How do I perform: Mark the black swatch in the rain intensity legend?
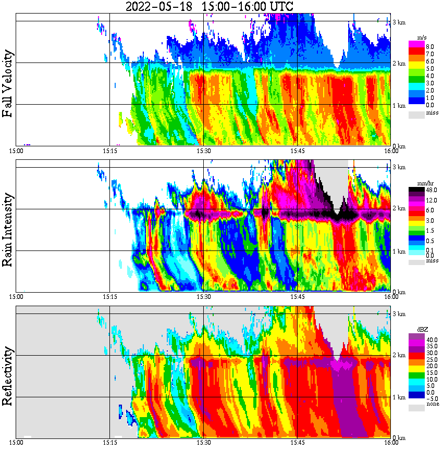click(x=416, y=191)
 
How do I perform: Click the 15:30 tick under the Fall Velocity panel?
click(x=203, y=150)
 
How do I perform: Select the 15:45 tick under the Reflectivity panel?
click(x=297, y=443)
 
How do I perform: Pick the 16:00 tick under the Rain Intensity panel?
click(x=391, y=296)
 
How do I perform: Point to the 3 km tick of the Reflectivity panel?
click(x=399, y=314)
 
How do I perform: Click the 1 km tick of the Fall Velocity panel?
click(x=399, y=106)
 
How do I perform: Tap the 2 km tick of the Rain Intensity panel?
click(x=399, y=209)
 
